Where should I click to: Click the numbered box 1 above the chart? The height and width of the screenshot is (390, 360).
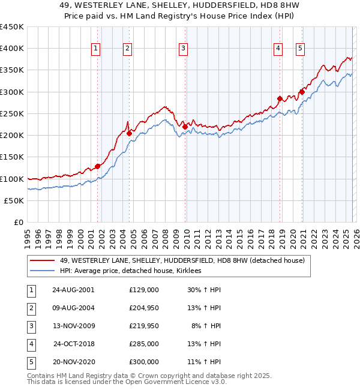click(x=96, y=49)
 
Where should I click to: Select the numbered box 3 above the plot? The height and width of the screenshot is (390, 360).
click(x=183, y=49)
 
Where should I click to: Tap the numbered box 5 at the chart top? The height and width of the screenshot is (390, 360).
click(x=300, y=49)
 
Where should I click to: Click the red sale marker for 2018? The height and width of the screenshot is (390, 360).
click(x=280, y=98)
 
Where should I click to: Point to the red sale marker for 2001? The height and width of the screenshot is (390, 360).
click(x=97, y=166)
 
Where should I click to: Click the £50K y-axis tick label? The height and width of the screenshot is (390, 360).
click(x=14, y=200)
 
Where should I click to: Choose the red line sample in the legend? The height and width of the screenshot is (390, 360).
click(x=43, y=260)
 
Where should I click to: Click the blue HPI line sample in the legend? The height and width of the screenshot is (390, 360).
click(x=43, y=271)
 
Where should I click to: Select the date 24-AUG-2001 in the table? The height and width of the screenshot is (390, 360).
click(x=73, y=289)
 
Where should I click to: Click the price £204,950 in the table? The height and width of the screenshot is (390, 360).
click(x=144, y=308)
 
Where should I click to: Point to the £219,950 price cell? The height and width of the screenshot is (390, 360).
click(x=144, y=326)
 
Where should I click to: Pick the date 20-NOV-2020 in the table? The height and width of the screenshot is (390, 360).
click(x=73, y=362)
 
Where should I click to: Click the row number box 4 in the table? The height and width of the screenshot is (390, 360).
click(x=30, y=344)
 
